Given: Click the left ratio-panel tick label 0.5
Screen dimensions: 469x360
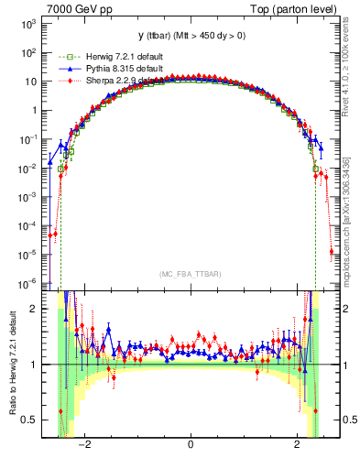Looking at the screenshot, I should [29, 420].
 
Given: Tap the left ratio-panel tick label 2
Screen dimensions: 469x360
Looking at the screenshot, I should [34, 309].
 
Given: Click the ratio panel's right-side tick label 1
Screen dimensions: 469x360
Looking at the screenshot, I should [346, 365].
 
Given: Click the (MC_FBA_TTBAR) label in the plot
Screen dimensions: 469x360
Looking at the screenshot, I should [191, 273].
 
